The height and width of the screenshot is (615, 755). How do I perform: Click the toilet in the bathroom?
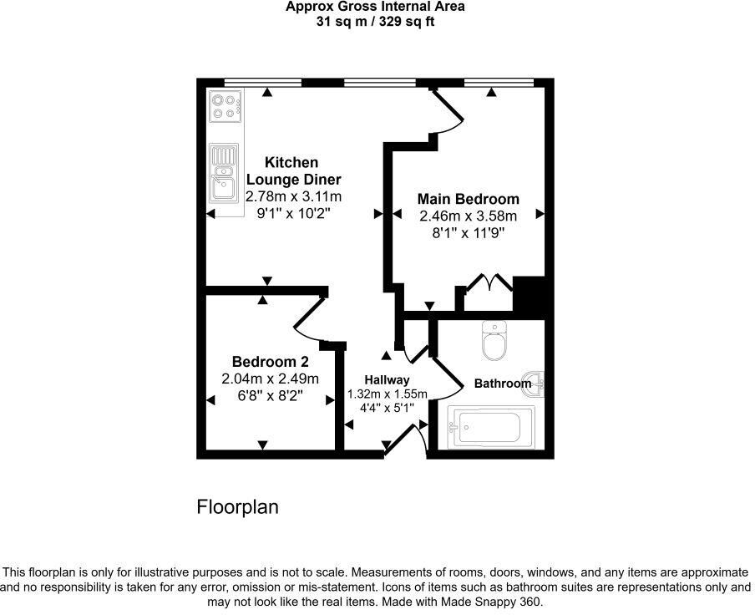494,343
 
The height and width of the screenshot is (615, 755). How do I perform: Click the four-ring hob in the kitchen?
225,106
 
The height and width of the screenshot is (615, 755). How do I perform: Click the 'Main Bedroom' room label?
468,199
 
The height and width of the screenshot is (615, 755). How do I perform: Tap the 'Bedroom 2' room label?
270,362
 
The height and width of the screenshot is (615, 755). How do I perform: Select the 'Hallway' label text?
386,380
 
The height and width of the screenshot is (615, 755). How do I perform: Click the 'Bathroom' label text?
502,384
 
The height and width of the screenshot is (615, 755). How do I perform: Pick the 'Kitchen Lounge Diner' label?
292,170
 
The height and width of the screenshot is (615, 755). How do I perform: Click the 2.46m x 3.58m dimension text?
468,216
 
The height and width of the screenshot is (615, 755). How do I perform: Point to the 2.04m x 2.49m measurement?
270,379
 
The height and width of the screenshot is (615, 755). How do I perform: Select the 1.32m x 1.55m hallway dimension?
387,394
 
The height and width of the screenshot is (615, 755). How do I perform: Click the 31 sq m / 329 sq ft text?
375,22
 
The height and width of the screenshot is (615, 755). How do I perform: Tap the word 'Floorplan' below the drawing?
237,507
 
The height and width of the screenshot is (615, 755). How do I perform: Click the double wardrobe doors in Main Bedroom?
489,283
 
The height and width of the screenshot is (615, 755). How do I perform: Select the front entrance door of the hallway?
404,440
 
